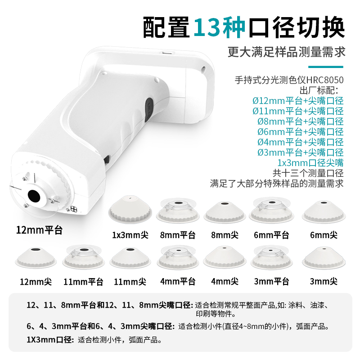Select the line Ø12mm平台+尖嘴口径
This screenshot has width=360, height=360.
coord(298,101)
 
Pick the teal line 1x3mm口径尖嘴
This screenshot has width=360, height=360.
coord(310,163)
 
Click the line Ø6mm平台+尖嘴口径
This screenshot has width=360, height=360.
coord(301,132)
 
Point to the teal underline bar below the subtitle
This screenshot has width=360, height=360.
coord(325,67)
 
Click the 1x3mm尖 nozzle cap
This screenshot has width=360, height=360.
coord(130,210)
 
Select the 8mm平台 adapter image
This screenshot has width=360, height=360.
coord(178,211)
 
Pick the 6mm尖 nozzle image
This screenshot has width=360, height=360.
coord(324,211)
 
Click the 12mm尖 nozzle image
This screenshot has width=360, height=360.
coord(36,258)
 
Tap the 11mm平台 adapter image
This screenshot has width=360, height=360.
coord(83,257)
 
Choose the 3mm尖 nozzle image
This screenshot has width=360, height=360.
coord(324,258)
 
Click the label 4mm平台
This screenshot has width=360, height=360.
coord(178,282)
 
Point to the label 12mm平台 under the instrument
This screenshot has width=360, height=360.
coord(39,230)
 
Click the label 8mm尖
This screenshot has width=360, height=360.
coord(225,235)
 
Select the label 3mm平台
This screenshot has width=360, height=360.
coord(271,282)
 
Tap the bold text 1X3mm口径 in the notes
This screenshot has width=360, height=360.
coord(49,340)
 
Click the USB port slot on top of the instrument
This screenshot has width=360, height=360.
coord(167,53)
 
